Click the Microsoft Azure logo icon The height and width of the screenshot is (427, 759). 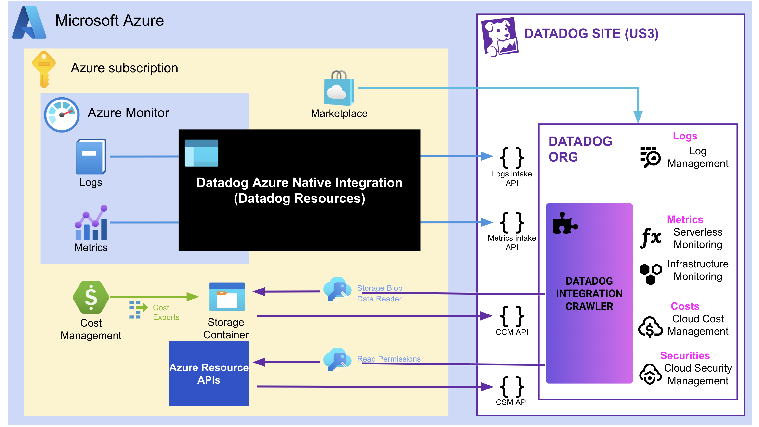click(x=29, y=23)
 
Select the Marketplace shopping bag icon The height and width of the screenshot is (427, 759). click(x=339, y=88)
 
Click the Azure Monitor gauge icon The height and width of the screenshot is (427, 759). click(x=62, y=115)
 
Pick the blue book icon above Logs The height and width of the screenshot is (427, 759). click(x=91, y=157)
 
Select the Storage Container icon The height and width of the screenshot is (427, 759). click(x=227, y=297)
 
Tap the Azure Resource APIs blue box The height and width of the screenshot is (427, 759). click(x=209, y=373)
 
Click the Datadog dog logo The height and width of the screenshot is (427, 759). click(x=500, y=37)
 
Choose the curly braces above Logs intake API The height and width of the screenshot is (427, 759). click(x=512, y=158)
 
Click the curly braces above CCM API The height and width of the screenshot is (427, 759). click(x=512, y=316)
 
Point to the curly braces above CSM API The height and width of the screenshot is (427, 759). click(x=512, y=387)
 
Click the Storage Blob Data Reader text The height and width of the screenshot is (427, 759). click(x=379, y=293)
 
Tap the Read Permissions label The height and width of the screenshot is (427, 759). click(x=389, y=359)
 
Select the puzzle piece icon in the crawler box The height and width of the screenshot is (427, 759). click(x=564, y=224)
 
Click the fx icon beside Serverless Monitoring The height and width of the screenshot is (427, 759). click(x=650, y=238)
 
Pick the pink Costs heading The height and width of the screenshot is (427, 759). click(x=685, y=306)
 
